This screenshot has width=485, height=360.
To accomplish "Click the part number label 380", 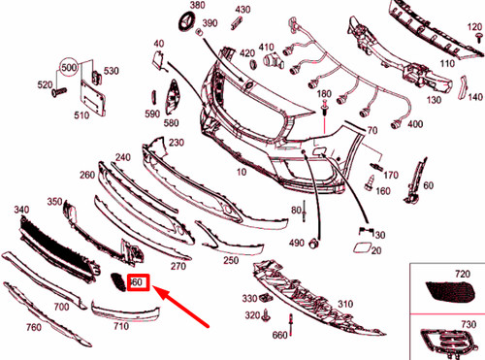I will pos(199,6).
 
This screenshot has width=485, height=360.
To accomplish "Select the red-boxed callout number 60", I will pos(137,282).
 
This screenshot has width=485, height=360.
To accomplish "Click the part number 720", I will pos(462,274).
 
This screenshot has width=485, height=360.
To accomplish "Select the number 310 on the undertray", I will pos(342,305).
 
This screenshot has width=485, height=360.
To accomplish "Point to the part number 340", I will pos(21,210).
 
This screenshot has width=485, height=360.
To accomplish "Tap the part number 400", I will pos(415,125).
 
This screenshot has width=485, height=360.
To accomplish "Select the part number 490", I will pos(296,241).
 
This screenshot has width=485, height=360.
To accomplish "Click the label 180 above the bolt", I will pos(323,94).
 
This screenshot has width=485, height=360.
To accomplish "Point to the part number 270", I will pos(178,265).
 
